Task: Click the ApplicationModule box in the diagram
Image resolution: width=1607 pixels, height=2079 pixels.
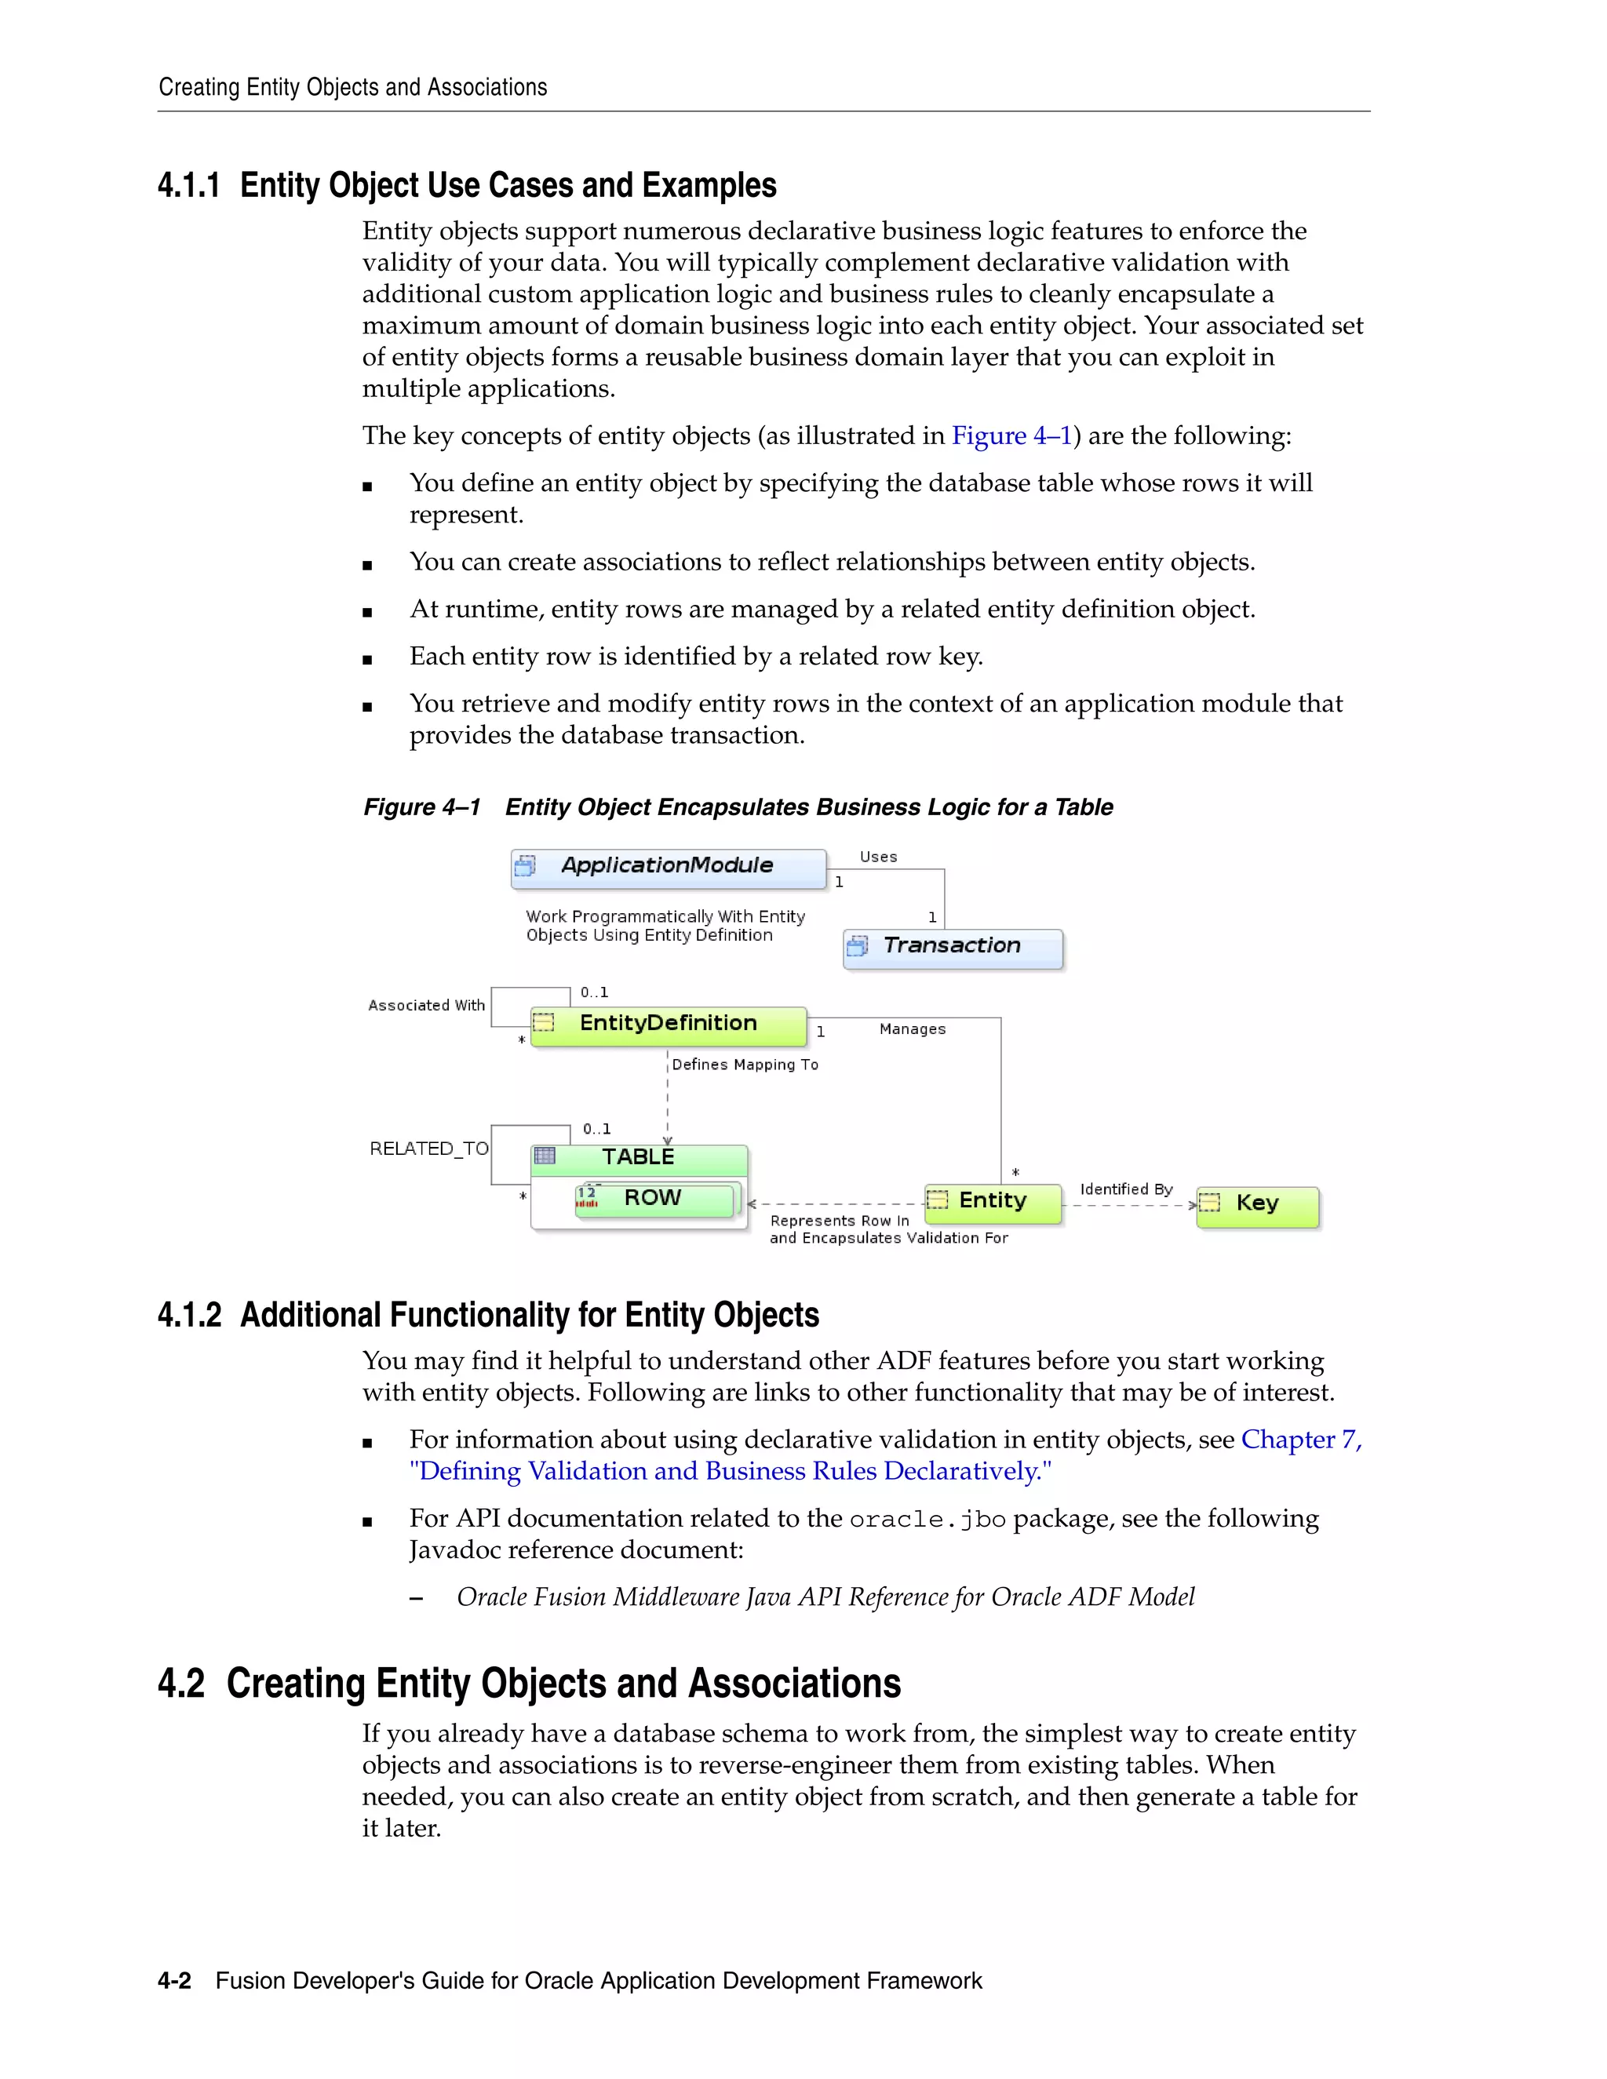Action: [668, 867]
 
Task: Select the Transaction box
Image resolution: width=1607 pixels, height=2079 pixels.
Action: [952, 947]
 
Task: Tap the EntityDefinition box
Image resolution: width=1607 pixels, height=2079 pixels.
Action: [669, 1025]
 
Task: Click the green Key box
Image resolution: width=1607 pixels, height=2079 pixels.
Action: [1257, 1205]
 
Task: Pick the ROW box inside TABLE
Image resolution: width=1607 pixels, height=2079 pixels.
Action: [655, 1200]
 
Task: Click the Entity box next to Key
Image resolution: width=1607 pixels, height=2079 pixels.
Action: [992, 1202]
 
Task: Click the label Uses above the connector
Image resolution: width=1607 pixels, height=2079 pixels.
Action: [878, 857]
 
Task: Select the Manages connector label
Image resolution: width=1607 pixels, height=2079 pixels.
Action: [912, 1030]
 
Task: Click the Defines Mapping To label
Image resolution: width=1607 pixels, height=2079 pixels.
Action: [745, 1065]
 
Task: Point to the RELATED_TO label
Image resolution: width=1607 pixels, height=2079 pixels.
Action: [428, 1150]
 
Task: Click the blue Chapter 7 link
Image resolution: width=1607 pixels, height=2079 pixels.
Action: [1300, 1440]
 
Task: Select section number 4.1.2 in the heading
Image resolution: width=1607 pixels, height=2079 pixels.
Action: [189, 1316]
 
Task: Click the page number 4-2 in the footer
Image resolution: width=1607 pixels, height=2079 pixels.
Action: [174, 1981]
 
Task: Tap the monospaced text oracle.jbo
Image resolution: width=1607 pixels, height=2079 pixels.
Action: [927, 1520]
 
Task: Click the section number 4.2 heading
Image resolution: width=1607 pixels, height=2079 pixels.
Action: [181, 1684]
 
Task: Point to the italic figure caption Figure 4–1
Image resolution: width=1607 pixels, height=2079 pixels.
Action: [421, 808]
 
